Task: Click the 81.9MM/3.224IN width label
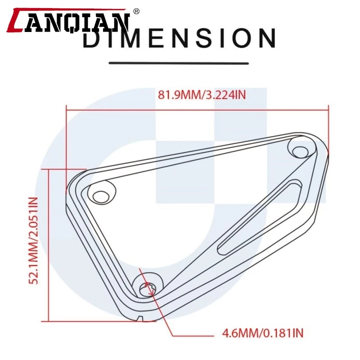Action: (202, 94)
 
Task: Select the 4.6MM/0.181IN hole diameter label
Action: (263, 333)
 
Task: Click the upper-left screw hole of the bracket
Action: (100, 196)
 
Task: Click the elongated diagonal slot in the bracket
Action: (259, 217)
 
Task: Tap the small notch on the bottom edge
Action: (140, 318)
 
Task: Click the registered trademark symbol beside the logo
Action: (136, 11)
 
